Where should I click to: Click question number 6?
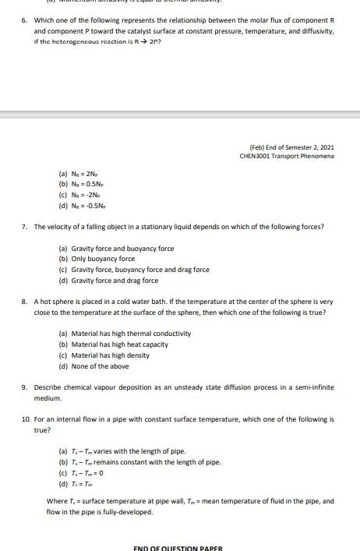point(24,19)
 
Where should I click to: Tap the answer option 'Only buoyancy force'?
point(102,259)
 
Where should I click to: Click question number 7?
point(24,227)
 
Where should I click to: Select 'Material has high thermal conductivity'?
point(130,334)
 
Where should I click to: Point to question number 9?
point(24,387)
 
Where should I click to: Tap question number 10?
point(26,419)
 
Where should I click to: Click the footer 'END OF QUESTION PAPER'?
point(178,547)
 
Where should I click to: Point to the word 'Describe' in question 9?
point(48,387)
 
